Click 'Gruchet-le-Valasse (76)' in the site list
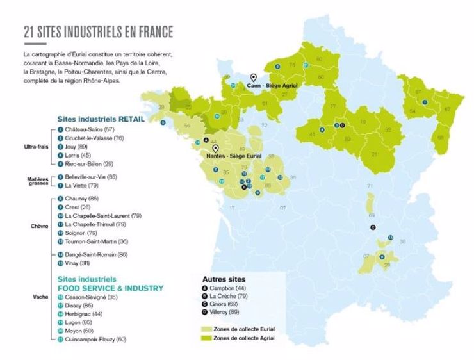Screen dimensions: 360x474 coord(94,138)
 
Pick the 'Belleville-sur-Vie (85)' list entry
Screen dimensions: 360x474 coord(94,177)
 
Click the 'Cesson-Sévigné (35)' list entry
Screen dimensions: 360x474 coord(91,297)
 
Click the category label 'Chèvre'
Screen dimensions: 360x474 coord(33,225)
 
